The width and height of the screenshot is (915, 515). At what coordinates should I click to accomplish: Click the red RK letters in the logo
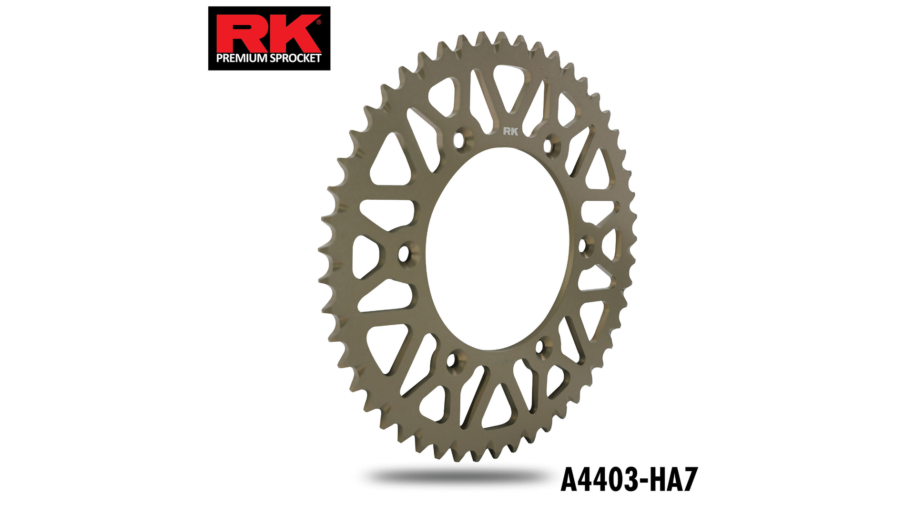point(268,33)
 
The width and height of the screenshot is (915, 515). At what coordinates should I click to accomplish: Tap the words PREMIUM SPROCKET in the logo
point(269,58)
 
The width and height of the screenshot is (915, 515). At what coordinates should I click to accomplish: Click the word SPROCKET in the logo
point(295,58)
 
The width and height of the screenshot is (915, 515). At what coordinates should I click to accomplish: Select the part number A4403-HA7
point(629,479)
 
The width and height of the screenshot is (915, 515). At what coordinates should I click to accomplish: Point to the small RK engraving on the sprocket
point(510,131)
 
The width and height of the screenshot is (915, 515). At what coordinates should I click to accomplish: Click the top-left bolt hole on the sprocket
point(458,140)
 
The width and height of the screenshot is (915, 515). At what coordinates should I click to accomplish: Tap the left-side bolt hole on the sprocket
point(404,253)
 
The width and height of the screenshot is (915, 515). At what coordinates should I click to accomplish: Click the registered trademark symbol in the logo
point(318,22)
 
